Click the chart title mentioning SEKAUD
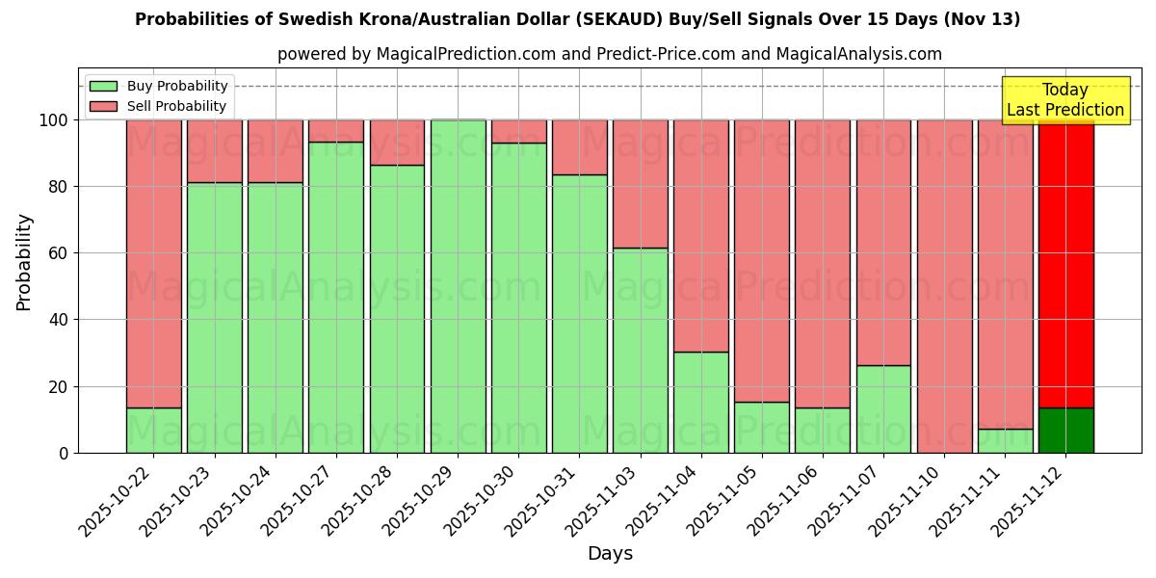click(577, 19)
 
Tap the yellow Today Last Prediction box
click(1064, 100)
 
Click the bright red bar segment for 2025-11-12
click(1065, 260)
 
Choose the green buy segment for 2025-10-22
click(153, 431)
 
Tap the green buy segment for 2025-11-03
click(640, 352)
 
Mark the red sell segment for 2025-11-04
click(700, 236)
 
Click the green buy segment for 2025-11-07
click(883, 409)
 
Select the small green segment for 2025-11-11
click(1005, 441)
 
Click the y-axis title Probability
click(24, 262)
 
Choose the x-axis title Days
click(610, 554)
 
